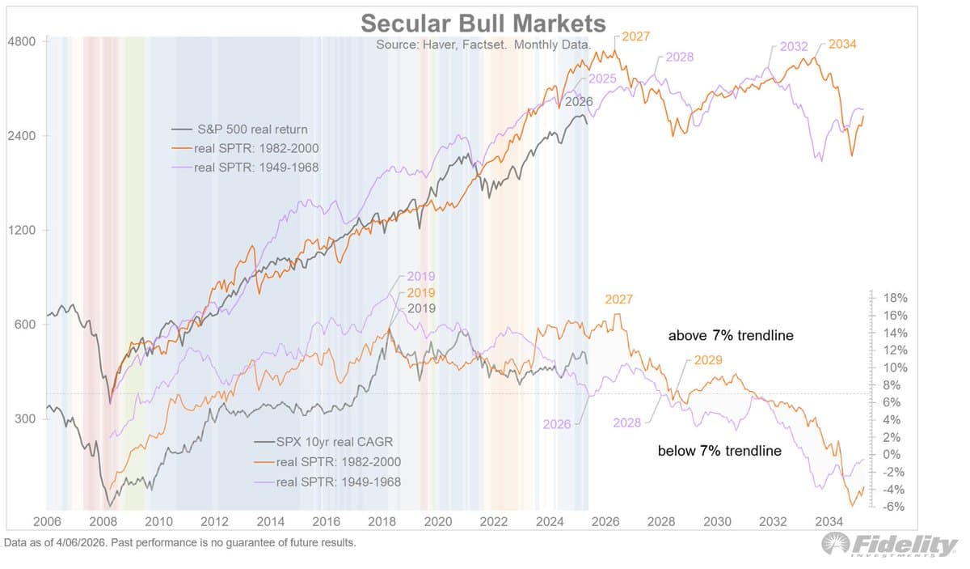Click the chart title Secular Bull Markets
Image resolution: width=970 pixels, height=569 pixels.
pos(483,23)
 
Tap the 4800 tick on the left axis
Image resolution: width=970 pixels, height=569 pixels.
pos(22,40)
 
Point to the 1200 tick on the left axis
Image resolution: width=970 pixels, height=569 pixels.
pos(22,230)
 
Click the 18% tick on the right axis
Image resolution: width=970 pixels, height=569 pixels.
pos(895,298)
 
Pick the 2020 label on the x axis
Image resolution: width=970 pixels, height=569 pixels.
pos(438,522)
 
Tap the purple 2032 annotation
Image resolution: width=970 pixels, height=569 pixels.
pos(794,46)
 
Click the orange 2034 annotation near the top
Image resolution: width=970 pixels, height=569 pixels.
pos(842,44)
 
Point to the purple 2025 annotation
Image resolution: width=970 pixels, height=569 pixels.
pos(602,79)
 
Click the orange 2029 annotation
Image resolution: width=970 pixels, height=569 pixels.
pos(707,360)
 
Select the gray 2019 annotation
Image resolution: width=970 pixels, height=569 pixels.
pos(422,308)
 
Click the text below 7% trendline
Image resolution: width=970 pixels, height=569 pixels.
pos(719,451)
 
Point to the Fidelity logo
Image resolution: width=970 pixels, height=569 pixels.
pos(888,546)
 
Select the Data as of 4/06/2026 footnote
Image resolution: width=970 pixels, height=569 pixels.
pos(179,543)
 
